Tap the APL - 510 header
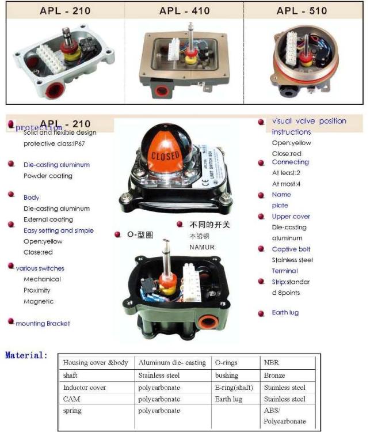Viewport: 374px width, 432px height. coord(302,10)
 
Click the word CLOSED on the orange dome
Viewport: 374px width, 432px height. coord(166,156)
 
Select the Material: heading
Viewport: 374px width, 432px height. coord(26,355)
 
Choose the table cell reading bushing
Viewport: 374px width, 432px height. coord(227,375)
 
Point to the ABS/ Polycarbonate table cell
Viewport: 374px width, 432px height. coord(285,416)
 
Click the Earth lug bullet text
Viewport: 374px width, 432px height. coord(285,313)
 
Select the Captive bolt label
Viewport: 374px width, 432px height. coord(291,249)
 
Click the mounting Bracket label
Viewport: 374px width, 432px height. coord(43,324)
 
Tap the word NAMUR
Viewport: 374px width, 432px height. coord(202,247)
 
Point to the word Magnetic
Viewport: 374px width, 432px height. coord(39,301)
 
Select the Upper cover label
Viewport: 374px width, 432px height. coord(291,217)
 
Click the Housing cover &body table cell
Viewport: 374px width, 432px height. coord(96,363)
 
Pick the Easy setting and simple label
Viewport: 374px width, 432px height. coord(58,230)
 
